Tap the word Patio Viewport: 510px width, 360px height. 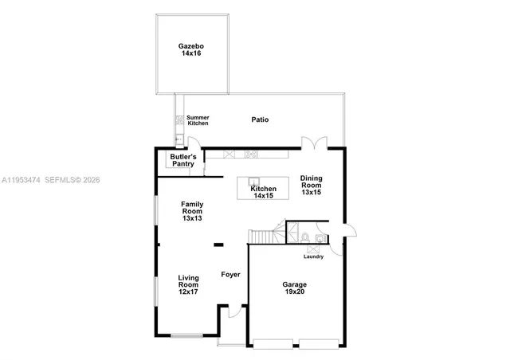coord(260,119)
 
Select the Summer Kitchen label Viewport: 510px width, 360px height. coord(198,120)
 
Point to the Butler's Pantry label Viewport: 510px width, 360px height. coord(182,160)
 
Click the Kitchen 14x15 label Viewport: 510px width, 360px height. coord(263,192)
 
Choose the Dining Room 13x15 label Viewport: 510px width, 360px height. coord(310,185)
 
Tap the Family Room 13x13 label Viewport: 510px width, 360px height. coord(192,210)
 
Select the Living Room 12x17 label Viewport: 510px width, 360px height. coord(188,284)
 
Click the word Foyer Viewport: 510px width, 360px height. coord(230,275)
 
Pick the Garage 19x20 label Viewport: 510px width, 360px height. coord(294,288)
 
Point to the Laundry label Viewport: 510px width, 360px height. coord(313,256)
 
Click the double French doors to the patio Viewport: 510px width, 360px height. coord(314,143)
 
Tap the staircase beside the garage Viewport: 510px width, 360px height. coord(263,237)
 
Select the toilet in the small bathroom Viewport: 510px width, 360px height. coord(306,236)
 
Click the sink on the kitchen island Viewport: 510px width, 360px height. coord(254,181)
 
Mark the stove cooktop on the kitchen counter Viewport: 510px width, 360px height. coord(251,155)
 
